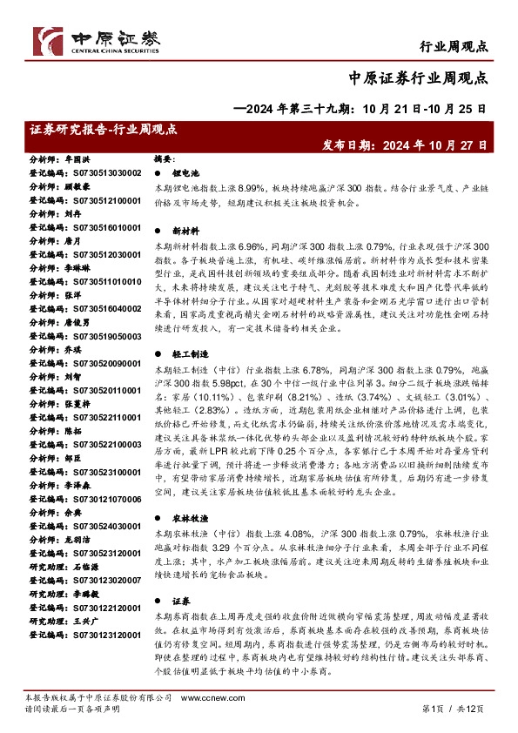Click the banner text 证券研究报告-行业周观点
(103, 130)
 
